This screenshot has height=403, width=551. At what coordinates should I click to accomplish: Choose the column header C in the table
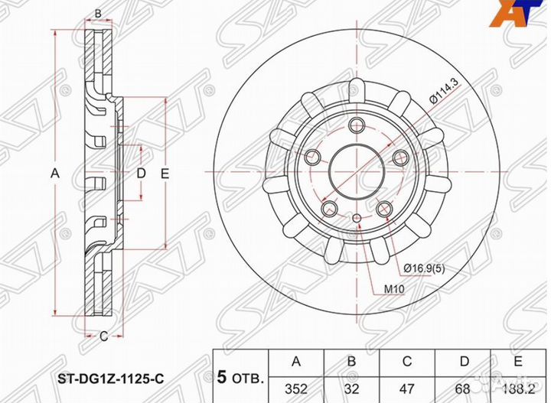(409, 362)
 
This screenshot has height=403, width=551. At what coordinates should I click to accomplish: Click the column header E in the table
(520, 362)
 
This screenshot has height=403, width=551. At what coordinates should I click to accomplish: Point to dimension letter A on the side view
(54, 174)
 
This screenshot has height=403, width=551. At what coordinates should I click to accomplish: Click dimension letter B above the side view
(97, 13)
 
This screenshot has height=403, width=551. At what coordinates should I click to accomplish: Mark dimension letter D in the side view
(140, 174)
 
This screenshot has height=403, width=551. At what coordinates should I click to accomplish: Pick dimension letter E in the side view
(164, 174)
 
